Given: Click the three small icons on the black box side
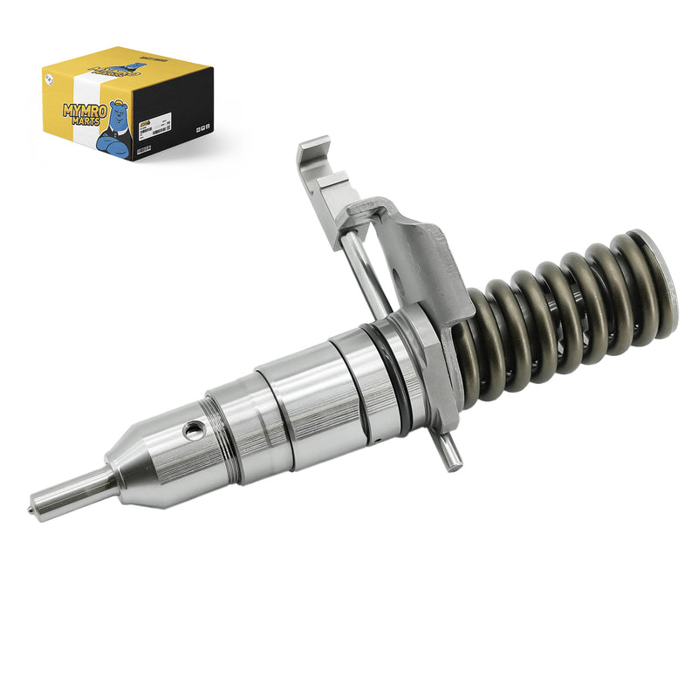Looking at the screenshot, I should [201, 127].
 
